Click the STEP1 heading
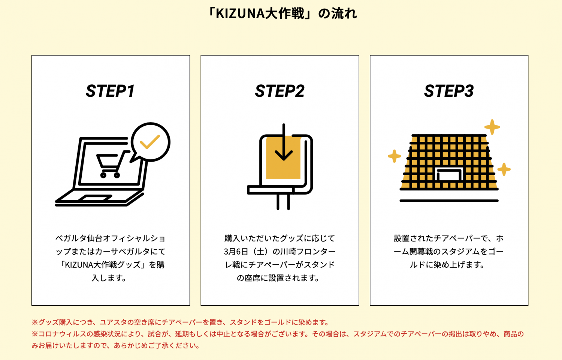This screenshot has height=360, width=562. click(x=110, y=91)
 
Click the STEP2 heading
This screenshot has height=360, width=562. click(x=280, y=91)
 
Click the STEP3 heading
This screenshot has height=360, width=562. click(x=449, y=91)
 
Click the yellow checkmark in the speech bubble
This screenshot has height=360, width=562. click(x=150, y=142)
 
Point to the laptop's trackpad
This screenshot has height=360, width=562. click(x=94, y=198)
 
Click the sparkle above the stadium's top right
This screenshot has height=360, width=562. click(x=492, y=127)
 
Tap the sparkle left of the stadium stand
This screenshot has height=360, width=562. click(x=394, y=156)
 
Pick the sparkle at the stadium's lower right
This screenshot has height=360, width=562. click(x=504, y=169)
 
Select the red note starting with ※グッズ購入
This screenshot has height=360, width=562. click(x=180, y=322)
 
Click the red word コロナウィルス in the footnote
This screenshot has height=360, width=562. click(x=62, y=334)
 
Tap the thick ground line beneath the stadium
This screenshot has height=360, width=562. click(x=449, y=201)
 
